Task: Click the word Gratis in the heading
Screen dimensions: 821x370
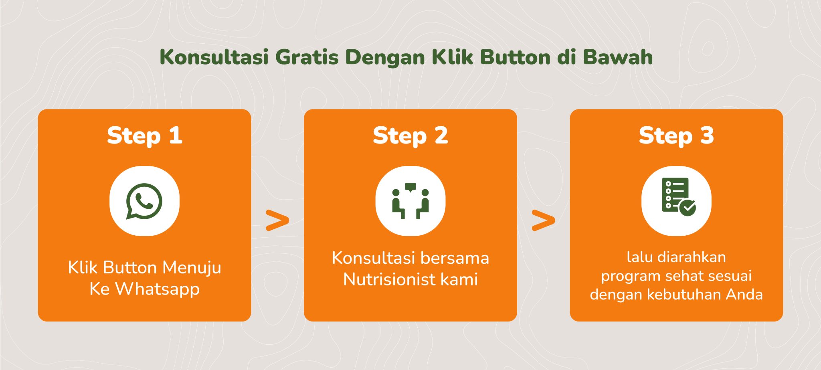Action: pos(307,57)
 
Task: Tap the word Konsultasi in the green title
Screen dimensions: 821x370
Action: pos(214,57)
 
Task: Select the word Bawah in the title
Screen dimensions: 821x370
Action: pos(618,57)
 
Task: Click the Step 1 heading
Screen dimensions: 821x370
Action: pos(145,135)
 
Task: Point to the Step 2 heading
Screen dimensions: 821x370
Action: pos(410,135)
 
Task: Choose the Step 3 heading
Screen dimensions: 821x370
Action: pos(676,135)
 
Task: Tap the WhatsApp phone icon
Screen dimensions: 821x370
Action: pos(144,201)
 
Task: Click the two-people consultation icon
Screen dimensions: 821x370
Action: pos(410,201)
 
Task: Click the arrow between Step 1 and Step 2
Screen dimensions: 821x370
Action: pos(277,220)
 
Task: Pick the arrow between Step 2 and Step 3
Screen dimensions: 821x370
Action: pos(543,220)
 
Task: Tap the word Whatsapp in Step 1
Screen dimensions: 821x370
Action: pos(158,289)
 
